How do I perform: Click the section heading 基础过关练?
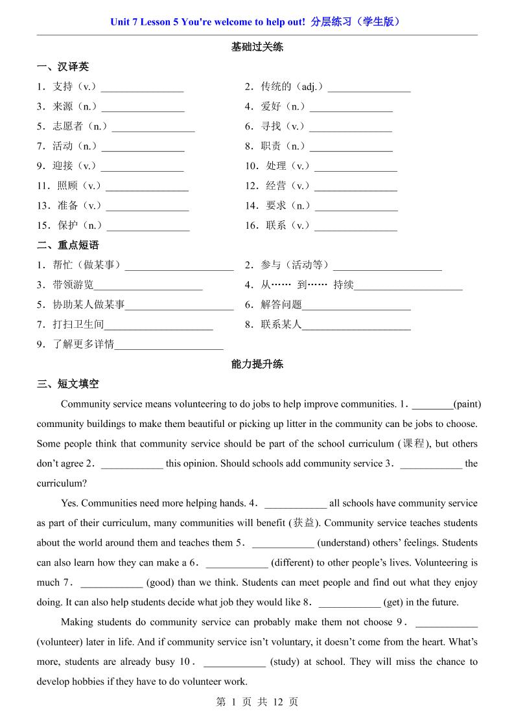coord(257,47)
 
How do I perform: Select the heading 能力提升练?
coord(257,364)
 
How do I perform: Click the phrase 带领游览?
coord(73,284)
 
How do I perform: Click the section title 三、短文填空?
coord(68,384)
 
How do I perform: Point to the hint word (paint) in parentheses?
coord(467,404)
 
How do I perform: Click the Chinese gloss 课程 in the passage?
coord(413,444)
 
